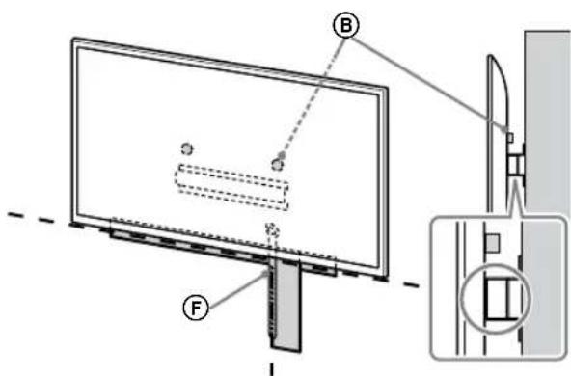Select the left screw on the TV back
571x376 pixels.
click(x=187, y=148)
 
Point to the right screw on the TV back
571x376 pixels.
click(x=278, y=162)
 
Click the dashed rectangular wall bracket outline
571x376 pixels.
click(x=232, y=185)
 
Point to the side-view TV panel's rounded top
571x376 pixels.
click(x=489, y=64)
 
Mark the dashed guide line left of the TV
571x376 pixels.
click(x=34, y=213)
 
